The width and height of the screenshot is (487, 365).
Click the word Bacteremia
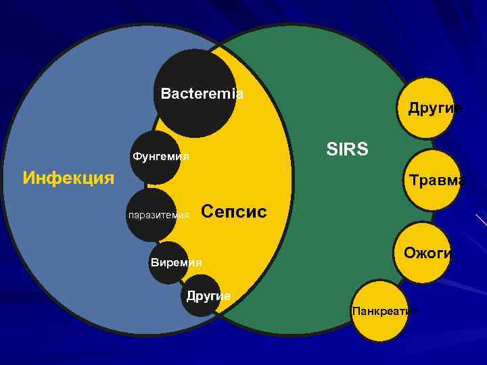point(202,94)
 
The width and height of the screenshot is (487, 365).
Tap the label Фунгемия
point(160,157)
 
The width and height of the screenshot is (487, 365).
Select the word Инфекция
point(68,178)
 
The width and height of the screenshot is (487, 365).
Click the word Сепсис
point(234,212)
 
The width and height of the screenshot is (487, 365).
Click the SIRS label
point(347,149)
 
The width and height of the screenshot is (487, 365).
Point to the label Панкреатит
point(384,310)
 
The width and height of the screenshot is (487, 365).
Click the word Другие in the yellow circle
point(435,108)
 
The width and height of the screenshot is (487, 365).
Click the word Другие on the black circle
point(208,296)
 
